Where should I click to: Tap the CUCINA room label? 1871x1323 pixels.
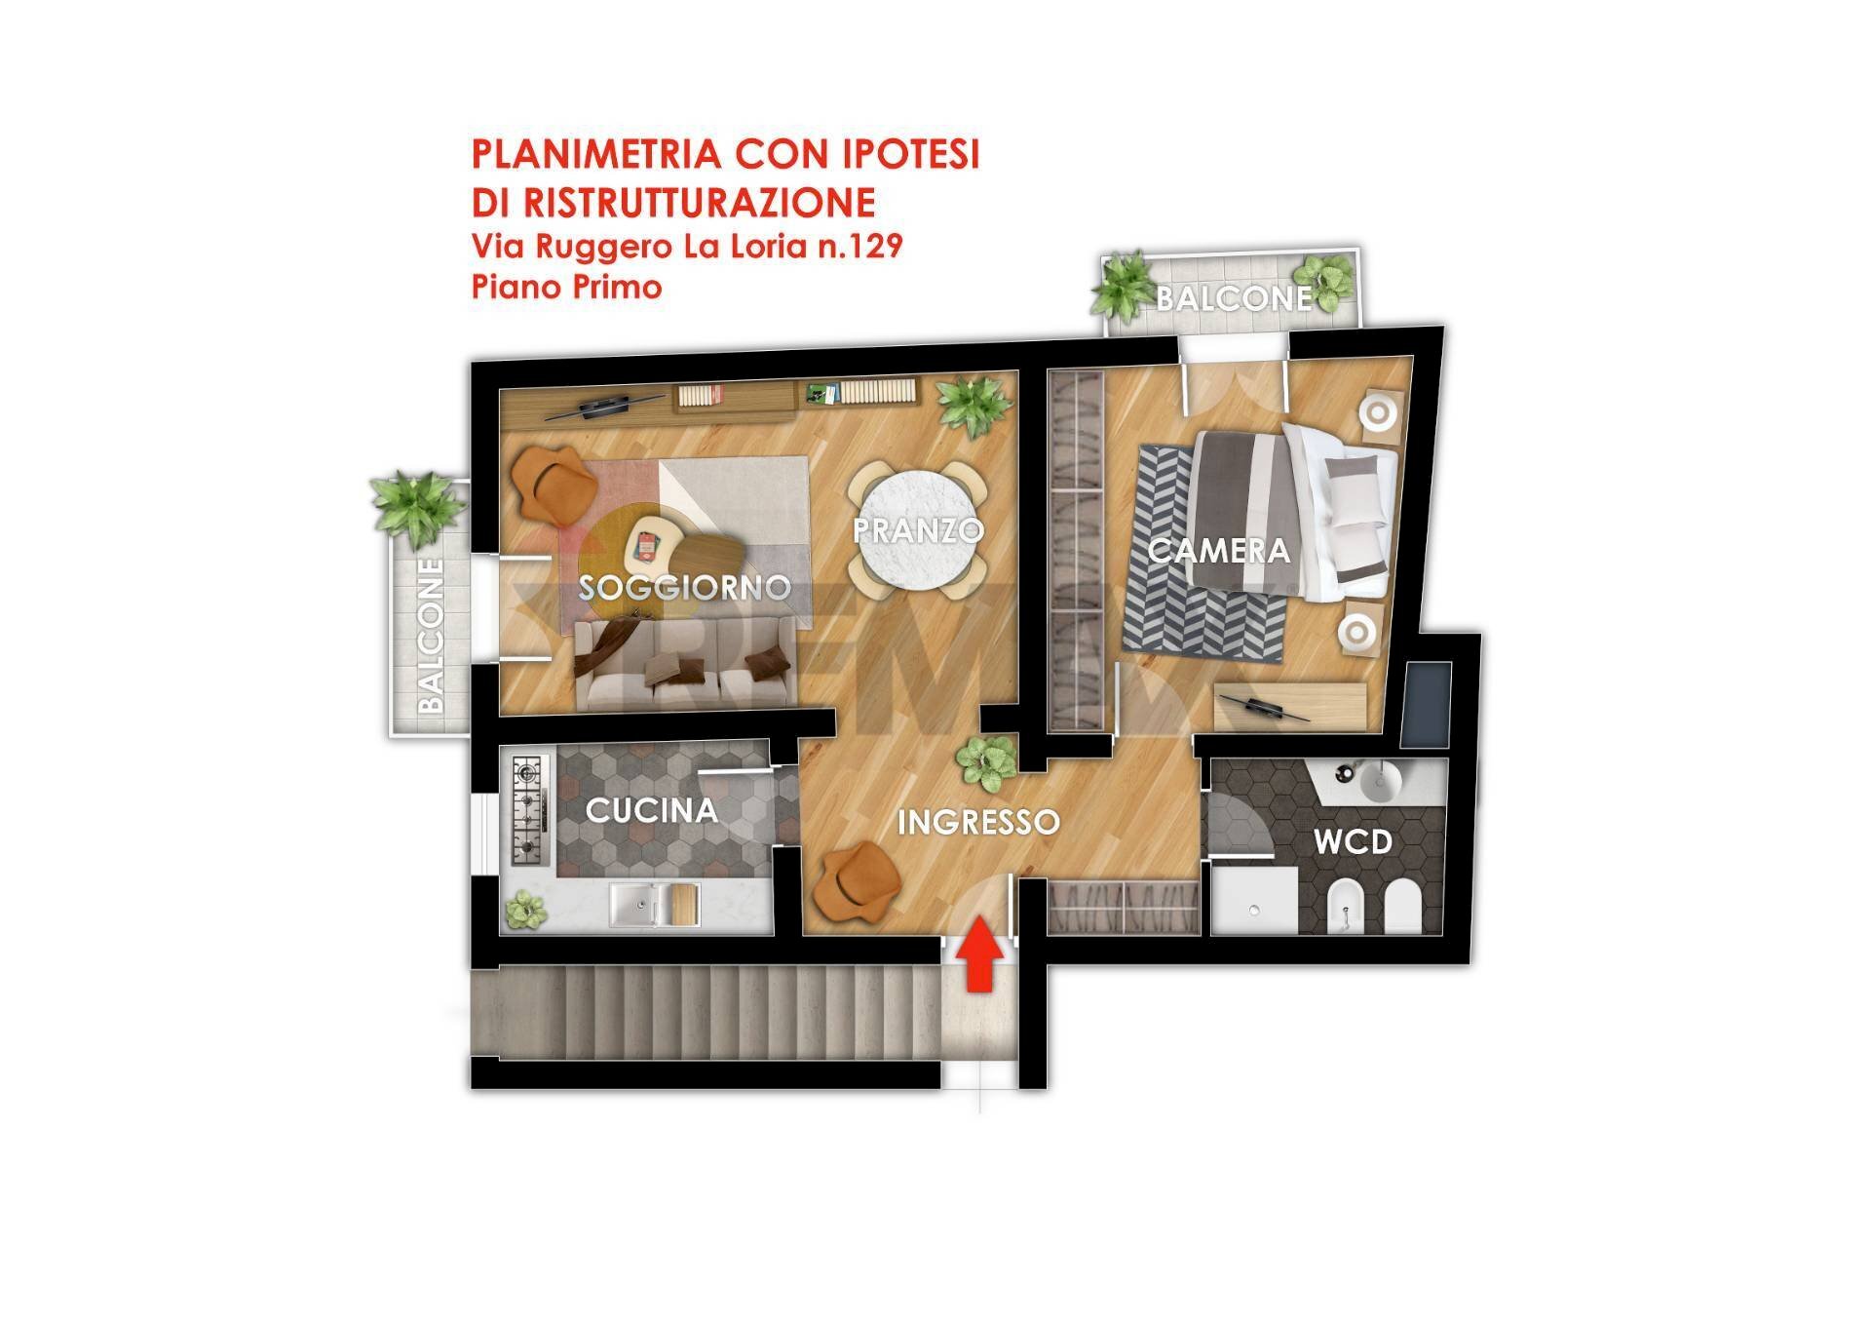pyautogui.click(x=651, y=810)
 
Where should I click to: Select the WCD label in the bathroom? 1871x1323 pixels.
pyautogui.click(x=1354, y=840)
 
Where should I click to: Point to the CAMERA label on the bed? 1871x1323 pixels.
pyautogui.click(x=1218, y=551)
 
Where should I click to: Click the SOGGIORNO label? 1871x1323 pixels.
pyautogui.click(x=684, y=587)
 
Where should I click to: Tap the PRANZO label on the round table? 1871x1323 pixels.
pyautogui.click(x=917, y=530)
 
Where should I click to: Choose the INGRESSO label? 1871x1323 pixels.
pyautogui.click(x=977, y=822)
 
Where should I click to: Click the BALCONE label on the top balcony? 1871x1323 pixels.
pyautogui.click(x=1234, y=297)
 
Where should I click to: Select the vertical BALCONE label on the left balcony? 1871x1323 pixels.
pyautogui.click(x=431, y=635)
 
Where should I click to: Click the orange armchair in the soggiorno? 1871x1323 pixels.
pyautogui.click(x=552, y=485)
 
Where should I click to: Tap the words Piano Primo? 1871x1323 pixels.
pyautogui.click(x=566, y=288)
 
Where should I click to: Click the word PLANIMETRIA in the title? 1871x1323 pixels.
pyautogui.click(x=595, y=155)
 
